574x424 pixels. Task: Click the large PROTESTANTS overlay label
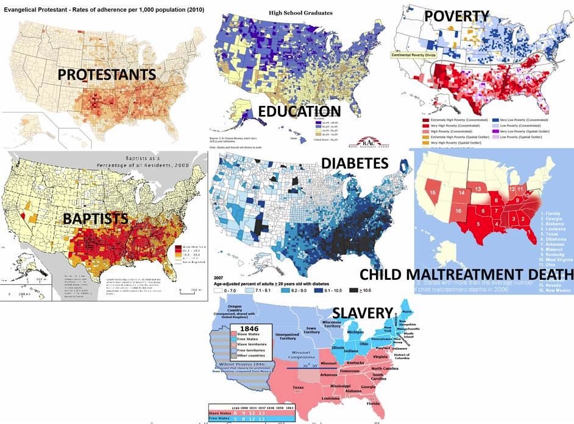(x=107, y=75)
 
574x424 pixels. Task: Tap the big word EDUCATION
(x=299, y=111)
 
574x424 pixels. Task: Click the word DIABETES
(x=355, y=163)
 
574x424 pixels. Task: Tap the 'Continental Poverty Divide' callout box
(x=423, y=55)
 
